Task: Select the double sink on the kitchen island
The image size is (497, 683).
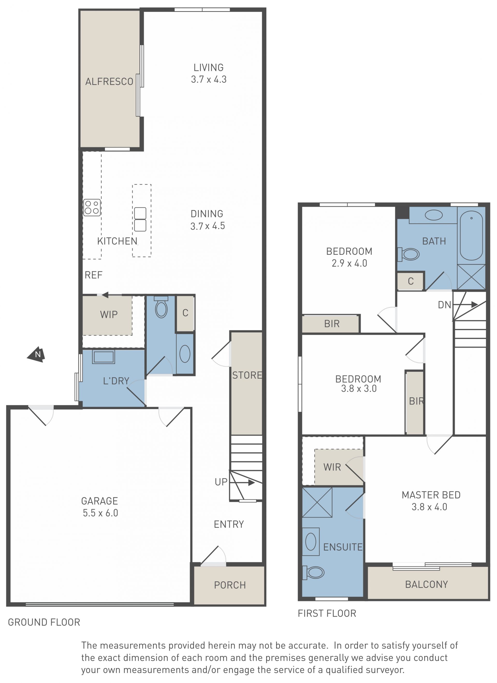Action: coord(140,219)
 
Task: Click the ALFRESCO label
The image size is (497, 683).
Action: coord(109,82)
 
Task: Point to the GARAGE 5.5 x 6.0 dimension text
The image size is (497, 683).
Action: coord(100,507)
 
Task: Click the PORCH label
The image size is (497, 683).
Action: coord(230,585)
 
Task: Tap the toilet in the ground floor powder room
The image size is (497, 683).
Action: coord(161,307)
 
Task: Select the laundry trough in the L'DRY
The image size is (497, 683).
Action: coord(104,357)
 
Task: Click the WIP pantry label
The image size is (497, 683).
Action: coord(109,315)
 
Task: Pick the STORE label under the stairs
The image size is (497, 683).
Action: coord(247,375)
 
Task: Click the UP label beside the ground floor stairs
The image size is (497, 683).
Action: coord(221,482)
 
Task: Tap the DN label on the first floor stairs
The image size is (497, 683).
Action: coord(444,305)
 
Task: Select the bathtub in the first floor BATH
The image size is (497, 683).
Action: coord(471,236)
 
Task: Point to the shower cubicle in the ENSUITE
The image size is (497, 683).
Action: coord(317,503)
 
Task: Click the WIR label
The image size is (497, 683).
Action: coord(332,467)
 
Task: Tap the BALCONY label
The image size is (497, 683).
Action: coord(426,584)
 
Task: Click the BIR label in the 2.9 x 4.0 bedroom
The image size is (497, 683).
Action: coord(332,324)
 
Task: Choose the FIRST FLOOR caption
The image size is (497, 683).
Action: coord(327,614)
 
